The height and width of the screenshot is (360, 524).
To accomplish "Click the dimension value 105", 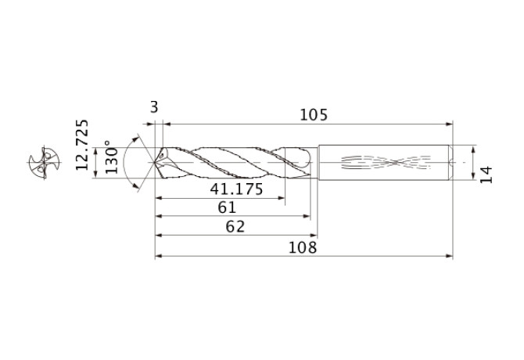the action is coord(314,115).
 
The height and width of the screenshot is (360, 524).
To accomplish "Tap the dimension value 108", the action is coord(303,247).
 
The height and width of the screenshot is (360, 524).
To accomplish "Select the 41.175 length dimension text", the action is coord(237,189).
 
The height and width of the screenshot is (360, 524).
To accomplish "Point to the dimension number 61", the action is coord(227,207).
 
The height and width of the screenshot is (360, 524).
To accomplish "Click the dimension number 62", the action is coord(235,227).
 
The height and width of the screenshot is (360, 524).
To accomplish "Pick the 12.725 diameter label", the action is coord(82,145).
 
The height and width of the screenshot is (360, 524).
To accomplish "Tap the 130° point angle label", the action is coord(112,157).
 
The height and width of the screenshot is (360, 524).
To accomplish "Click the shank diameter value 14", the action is coord(486,175).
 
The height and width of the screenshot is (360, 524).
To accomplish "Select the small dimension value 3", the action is coord(154,108).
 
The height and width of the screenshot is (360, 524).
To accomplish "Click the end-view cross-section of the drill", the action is coord(44,163).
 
